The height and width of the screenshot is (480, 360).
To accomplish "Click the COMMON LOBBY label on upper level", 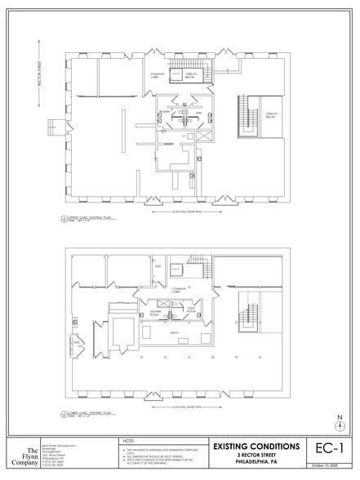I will click(x=158, y=76).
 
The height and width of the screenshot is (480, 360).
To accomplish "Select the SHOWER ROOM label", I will click(x=154, y=312).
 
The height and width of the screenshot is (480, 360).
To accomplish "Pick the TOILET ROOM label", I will click(x=192, y=311).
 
